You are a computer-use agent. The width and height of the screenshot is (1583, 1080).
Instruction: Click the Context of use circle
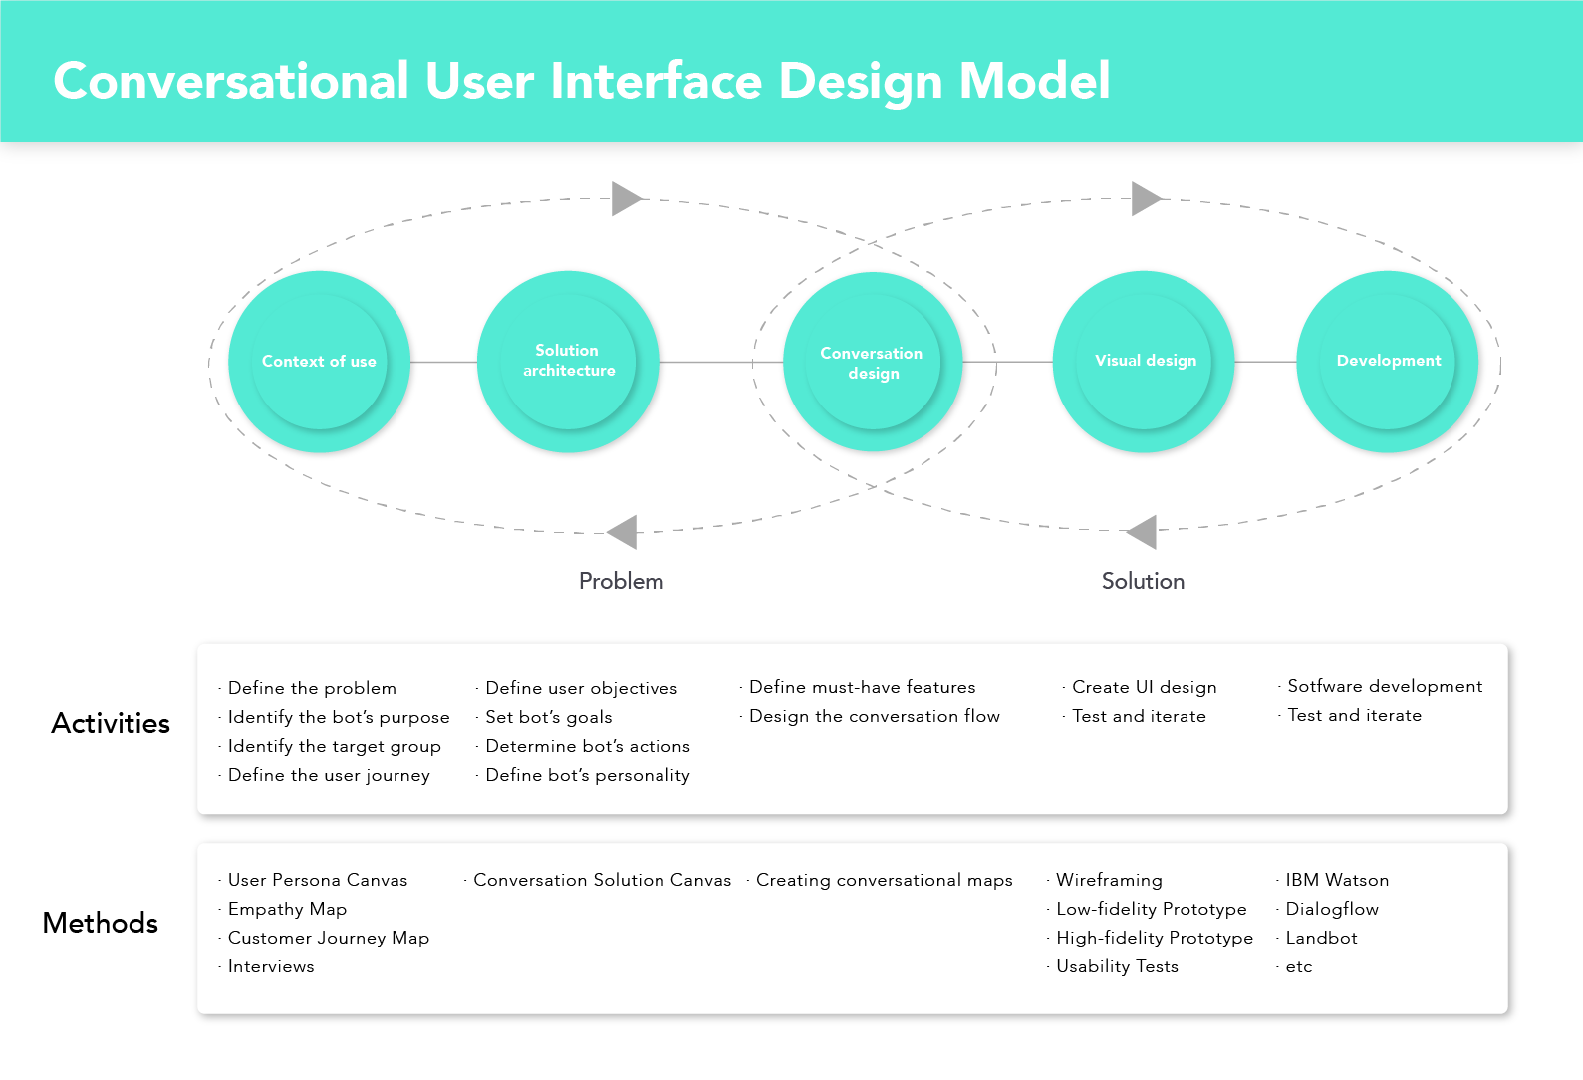pyautogui.click(x=319, y=362)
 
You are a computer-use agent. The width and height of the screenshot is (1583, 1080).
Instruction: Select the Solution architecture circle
pyautogui.click(x=568, y=362)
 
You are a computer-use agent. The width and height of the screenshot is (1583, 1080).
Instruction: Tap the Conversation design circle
pyautogui.click(x=873, y=362)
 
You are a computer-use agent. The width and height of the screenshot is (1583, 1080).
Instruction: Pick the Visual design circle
pyautogui.click(x=1144, y=362)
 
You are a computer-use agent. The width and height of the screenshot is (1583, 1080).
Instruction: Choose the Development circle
pyautogui.click(x=1388, y=362)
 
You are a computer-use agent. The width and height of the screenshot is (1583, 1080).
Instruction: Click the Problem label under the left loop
pyautogui.click(x=622, y=581)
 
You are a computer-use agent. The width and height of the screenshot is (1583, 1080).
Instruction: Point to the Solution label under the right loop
pyautogui.click(x=1143, y=581)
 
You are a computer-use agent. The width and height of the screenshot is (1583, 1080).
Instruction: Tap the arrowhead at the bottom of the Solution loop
pyautogui.click(x=1142, y=532)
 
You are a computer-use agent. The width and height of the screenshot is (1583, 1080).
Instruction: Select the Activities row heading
pyautogui.click(x=111, y=723)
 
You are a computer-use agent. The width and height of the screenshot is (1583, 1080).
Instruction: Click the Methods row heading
pyautogui.click(x=101, y=923)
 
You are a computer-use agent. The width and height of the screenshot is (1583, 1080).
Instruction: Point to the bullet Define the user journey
pyautogui.click(x=329, y=775)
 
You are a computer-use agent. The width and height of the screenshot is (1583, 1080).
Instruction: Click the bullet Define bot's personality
pyautogui.click(x=587, y=775)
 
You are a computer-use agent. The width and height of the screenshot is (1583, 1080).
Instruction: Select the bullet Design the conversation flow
pyautogui.click(x=874, y=716)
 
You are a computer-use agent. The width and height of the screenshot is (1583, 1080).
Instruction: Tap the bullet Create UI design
pyautogui.click(x=1144, y=687)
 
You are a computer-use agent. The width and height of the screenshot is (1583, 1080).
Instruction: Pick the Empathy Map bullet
pyautogui.click(x=287, y=909)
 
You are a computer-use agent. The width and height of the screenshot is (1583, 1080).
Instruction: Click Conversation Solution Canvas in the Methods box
pyautogui.click(x=602, y=880)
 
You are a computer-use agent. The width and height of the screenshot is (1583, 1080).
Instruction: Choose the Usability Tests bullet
pyautogui.click(x=1118, y=966)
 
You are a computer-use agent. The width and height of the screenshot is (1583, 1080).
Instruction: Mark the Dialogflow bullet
pyautogui.click(x=1331, y=909)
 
